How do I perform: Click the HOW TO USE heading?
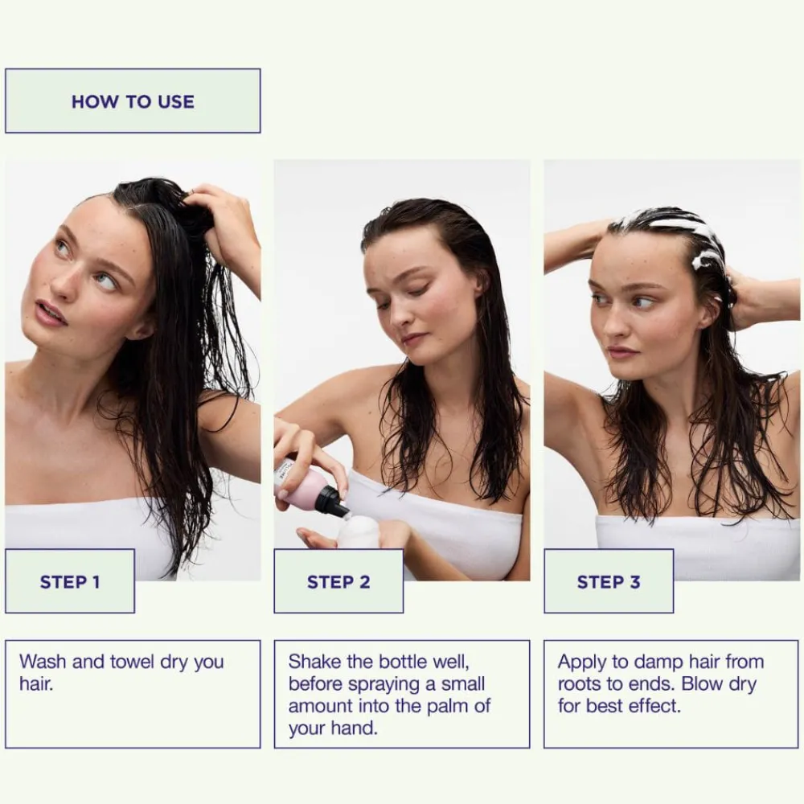[133, 102]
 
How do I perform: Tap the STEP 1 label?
[70, 582]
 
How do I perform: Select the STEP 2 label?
[338, 582]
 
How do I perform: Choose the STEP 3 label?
[609, 582]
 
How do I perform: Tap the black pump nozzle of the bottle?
[330, 501]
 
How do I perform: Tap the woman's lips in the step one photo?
[50, 312]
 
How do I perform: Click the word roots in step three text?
[580, 685]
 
